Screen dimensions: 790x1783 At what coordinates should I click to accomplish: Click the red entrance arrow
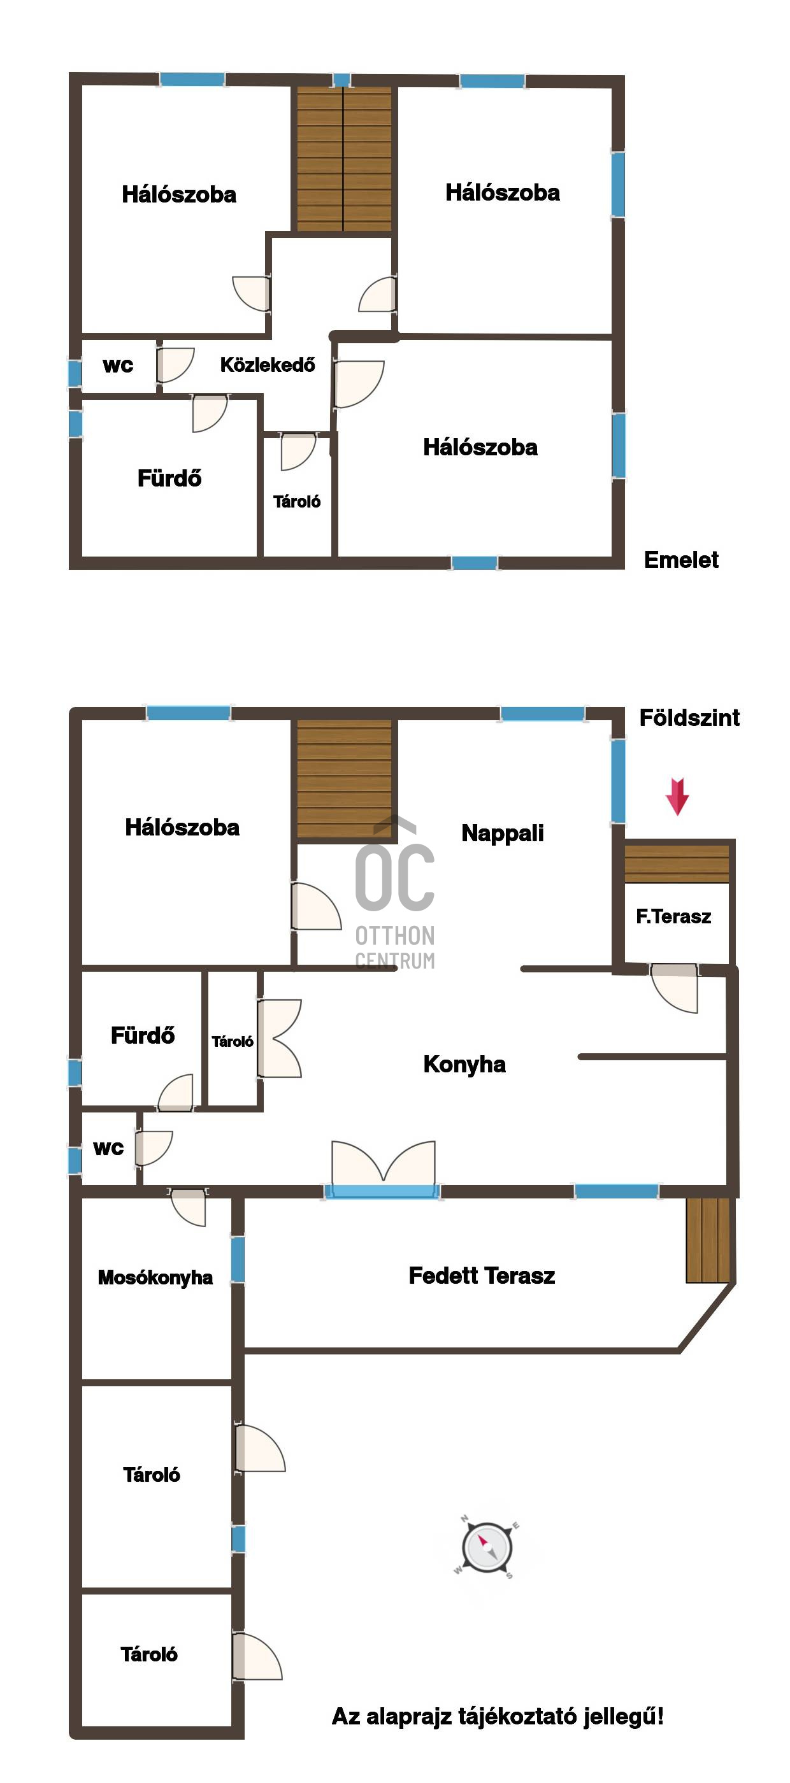coord(677,796)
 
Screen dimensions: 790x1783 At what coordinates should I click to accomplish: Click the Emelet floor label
coord(681,560)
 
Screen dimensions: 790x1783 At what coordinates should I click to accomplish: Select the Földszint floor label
coord(689,718)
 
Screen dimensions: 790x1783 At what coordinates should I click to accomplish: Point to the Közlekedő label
coord(267,365)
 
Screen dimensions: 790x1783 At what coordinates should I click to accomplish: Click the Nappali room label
coord(503,834)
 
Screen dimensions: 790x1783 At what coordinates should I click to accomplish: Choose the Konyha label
coord(464,1065)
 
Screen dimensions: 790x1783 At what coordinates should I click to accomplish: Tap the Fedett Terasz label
coord(482,1275)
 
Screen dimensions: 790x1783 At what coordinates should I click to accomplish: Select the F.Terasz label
coord(673,916)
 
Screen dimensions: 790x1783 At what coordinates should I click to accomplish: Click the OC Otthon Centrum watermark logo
coord(394,893)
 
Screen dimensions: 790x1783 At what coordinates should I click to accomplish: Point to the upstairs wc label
coord(118,366)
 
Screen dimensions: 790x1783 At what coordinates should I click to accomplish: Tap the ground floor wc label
coord(109,1148)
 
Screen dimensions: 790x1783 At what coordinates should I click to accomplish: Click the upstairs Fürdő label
coord(169,478)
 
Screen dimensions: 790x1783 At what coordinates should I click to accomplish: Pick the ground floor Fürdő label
coord(143,1035)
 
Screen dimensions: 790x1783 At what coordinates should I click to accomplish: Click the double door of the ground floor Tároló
coord(280,1038)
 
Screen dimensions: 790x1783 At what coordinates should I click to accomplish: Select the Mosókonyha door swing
coord(188,1207)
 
